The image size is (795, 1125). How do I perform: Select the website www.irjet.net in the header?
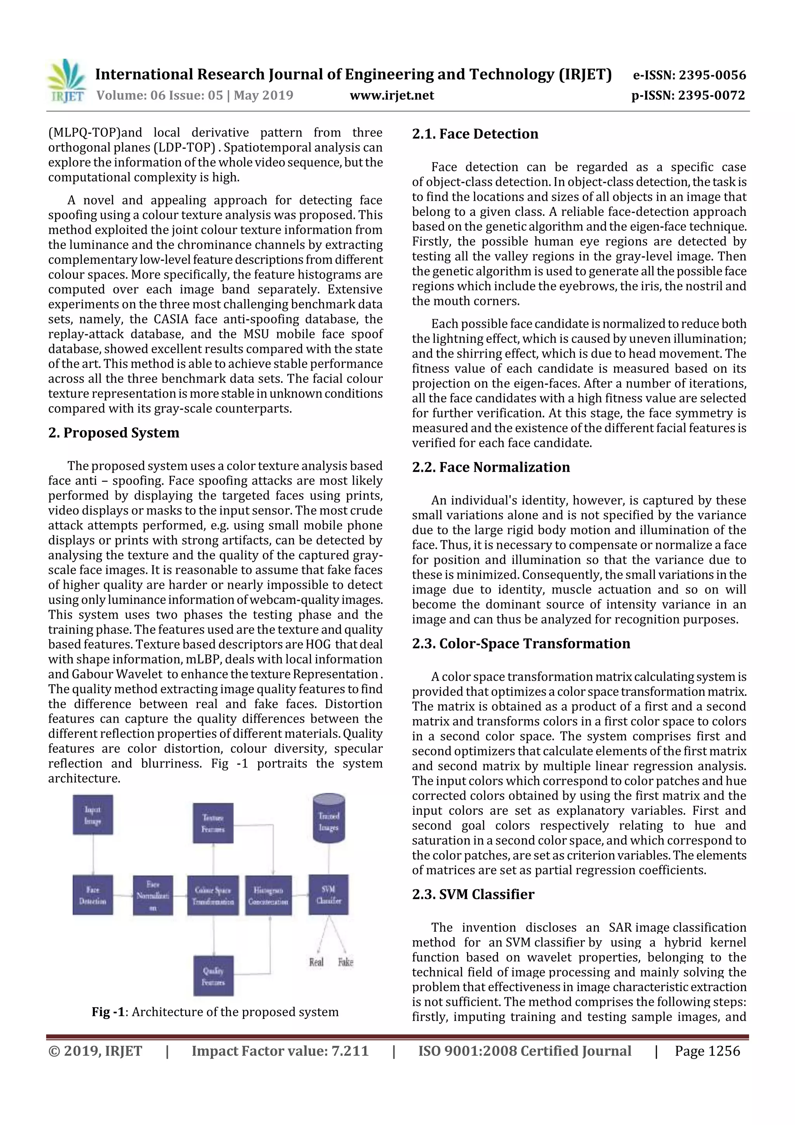tap(391, 95)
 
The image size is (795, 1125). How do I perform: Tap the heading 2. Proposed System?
tap(114, 433)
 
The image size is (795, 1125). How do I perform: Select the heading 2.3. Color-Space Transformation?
tap(521, 643)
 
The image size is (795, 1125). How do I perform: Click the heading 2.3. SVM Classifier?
tap(473, 894)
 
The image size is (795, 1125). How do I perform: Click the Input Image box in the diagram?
tap(92, 815)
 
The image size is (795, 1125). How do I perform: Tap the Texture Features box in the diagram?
tap(213, 823)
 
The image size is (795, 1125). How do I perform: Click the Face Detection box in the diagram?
tap(92, 895)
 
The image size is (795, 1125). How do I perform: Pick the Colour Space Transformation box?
tap(213, 895)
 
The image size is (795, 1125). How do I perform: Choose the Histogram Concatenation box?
tap(268, 895)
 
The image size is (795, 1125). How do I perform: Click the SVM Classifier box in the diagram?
tap(328, 895)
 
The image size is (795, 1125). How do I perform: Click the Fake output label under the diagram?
tap(345, 962)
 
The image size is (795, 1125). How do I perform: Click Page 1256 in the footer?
tap(707, 1050)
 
